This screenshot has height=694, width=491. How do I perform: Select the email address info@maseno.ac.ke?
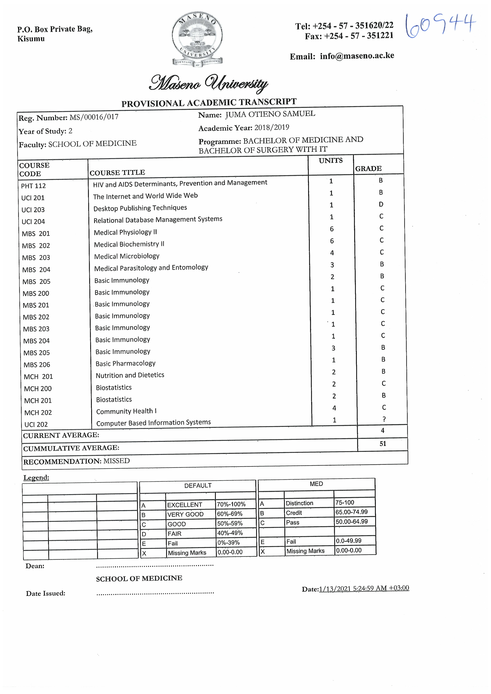[357, 56]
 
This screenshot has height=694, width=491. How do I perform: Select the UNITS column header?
[331, 161]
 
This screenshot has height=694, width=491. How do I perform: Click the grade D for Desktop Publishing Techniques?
[381, 204]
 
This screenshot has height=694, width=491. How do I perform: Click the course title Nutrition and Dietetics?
[130, 375]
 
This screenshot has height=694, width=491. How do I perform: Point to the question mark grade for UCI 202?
[384, 419]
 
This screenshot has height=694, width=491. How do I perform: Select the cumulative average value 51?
[383, 444]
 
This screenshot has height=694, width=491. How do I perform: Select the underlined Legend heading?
[36, 478]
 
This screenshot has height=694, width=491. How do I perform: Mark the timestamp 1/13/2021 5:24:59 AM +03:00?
[364, 588]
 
